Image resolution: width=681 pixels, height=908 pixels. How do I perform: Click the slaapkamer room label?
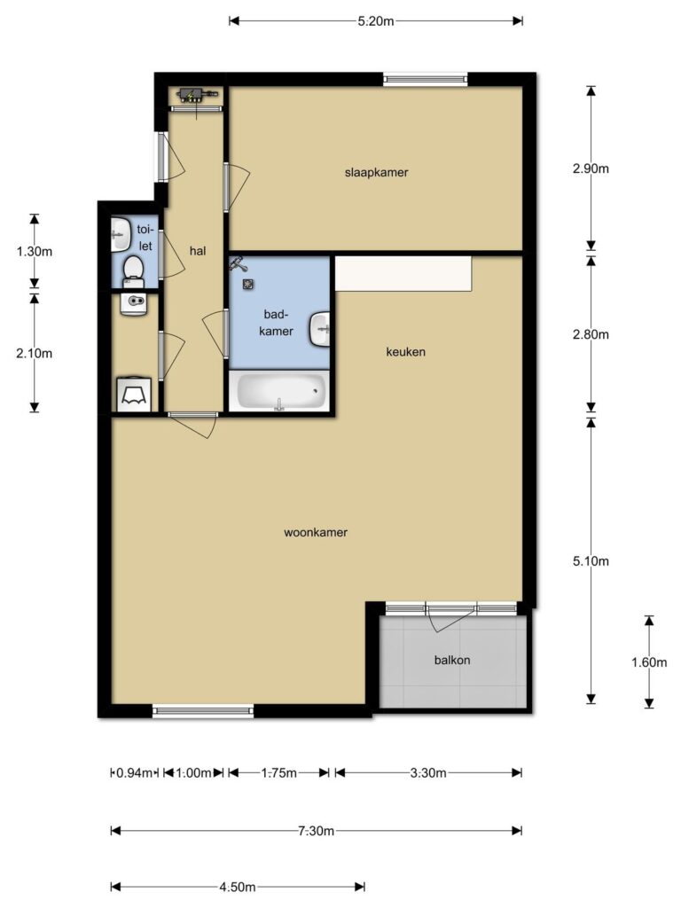(376, 173)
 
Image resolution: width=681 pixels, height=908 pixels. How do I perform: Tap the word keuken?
(406, 352)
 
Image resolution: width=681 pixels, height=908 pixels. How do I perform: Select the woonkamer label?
(316, 533)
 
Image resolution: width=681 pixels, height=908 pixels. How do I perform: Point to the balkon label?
(452, 660)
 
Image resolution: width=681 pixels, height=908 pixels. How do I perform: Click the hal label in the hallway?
(198, 251)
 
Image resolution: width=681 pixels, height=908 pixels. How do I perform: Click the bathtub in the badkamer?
(279, 391)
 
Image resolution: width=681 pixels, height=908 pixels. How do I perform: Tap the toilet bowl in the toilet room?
(134, 271)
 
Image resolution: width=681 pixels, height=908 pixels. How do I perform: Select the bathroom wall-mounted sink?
(319, 329)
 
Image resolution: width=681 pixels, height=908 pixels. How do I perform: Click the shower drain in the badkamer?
(248, 285)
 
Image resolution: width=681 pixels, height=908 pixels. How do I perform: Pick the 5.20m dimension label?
(376, 21)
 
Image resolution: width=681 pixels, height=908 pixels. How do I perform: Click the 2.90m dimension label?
(591, 169)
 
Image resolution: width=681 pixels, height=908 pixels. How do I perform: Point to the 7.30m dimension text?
(317, 831)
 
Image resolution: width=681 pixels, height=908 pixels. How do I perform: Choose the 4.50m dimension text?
(238, 887)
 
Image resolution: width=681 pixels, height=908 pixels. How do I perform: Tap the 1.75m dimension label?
(279, 773)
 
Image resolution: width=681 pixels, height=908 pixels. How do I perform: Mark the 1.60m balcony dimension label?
(649, 662)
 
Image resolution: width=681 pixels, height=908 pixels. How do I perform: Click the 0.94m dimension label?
(135, 773)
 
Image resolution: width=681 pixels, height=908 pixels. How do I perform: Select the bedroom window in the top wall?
(425, 79)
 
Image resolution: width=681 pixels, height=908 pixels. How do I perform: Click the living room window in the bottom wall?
(203, 711)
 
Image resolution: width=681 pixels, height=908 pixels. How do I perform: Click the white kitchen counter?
(403, 274)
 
